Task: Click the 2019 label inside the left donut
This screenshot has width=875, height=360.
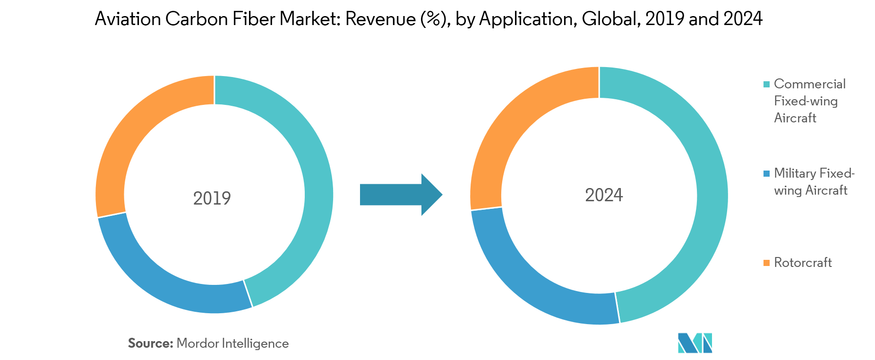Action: (x=212, y=198)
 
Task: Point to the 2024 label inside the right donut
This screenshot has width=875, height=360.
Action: (x=604, y=195)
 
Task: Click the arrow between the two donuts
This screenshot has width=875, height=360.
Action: (x=401, y=195)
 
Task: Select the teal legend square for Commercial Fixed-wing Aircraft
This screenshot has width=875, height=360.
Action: (x=766, y=84)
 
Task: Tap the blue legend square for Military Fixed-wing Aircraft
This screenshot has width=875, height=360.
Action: (x=766, y=173)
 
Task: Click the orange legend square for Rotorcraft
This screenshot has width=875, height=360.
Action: (x=766, y=263)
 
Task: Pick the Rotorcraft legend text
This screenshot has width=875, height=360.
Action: (x=803, y=263)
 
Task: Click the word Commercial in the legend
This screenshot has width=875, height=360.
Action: (x=810, y=84)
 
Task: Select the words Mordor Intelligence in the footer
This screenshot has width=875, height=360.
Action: (x=232, y=343)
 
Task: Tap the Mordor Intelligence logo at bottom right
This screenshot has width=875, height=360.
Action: (x=695, y=343)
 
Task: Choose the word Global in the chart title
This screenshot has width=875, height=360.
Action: (x=611, y=19)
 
